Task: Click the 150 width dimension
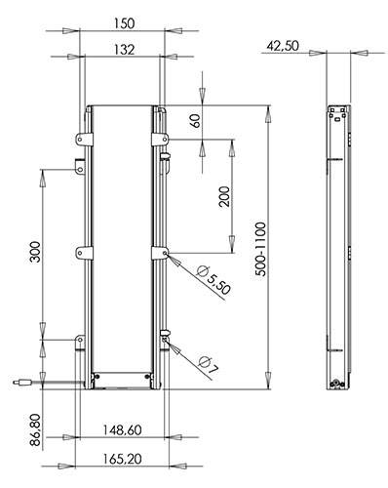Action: tap(124, 23)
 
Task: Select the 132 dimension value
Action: tap(124, 50)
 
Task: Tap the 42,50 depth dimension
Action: tap(283, 46)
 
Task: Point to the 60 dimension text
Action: tap(196, 121)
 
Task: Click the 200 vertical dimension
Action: tap(224, 196)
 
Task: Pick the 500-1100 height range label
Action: tap(260, 249)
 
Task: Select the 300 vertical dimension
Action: tap(35, 252)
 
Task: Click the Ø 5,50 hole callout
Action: tap(214, 279)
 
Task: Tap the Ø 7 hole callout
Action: tap(210, 365)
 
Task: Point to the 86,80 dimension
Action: tap(35, 429)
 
